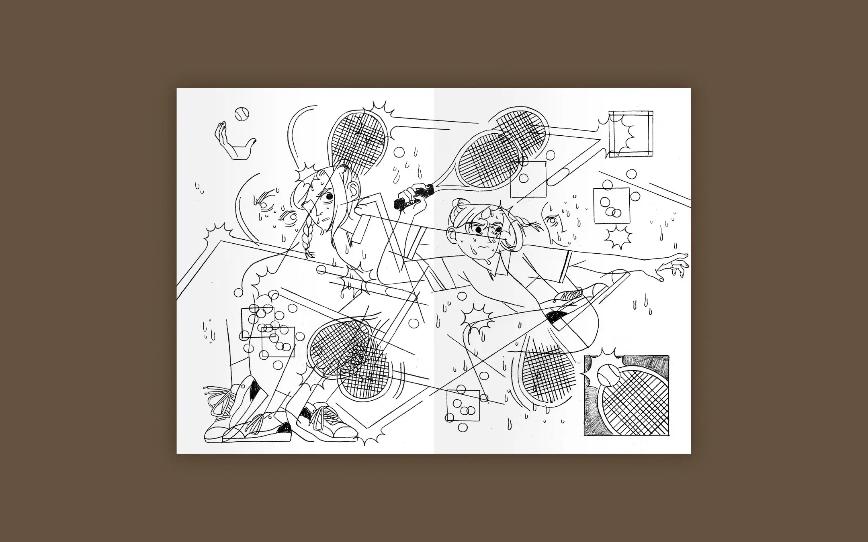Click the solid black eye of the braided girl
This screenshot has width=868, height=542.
coord(330,197)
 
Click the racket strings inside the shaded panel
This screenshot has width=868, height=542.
coord(635,401)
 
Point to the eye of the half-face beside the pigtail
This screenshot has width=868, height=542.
coord(552,220)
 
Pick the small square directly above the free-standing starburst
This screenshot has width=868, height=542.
coord(611,206)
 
